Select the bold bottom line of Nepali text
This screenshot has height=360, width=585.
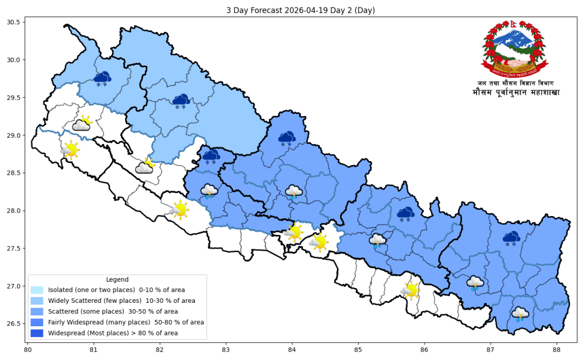pos(516,92)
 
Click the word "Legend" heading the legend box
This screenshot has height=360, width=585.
pos(117,279)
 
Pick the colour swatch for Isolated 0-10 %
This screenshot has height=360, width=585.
pos(37,290)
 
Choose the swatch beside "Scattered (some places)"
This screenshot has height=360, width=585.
pos(37,311)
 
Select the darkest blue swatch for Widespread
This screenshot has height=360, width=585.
pos(37,333)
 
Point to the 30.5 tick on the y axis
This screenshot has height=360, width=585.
pos(13,23)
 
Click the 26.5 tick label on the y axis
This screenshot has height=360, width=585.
pos(13,324)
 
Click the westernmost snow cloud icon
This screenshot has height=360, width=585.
pos(102,78)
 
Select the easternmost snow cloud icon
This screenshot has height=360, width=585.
pos(511,238)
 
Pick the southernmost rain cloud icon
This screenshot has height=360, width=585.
pos(519,314)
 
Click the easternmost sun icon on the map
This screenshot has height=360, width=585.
pos(410,290)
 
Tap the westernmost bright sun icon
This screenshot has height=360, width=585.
pos(70,150)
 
